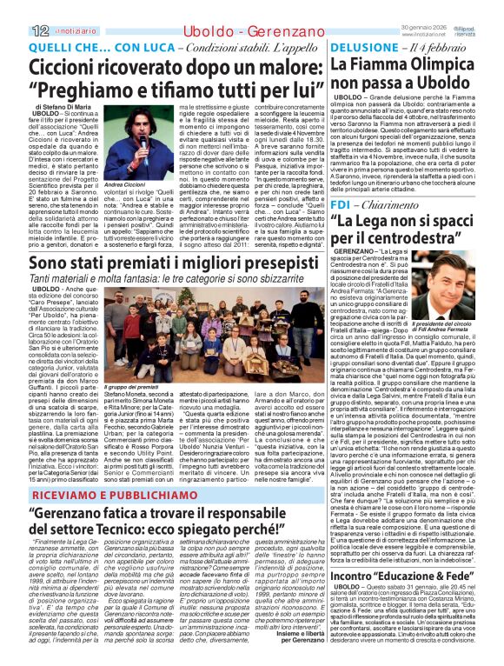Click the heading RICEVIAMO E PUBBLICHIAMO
coord(105,496)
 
